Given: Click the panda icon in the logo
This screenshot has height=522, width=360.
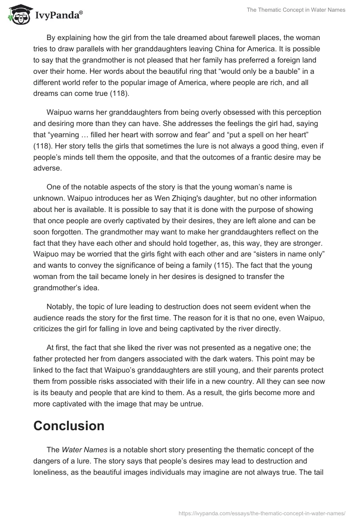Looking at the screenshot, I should [x=17, y=14].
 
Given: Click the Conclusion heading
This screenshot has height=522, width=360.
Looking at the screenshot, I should [x=69, y=425].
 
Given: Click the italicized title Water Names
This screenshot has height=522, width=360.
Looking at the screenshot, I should [x=80, y=450].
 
